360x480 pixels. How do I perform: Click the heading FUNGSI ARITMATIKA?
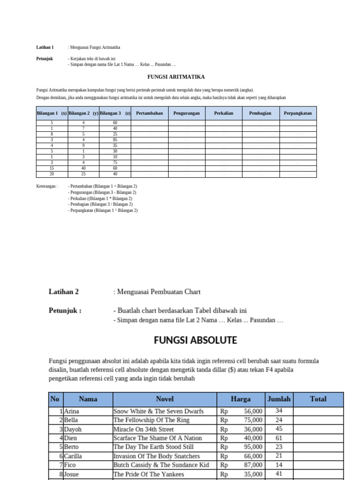coord(176,76)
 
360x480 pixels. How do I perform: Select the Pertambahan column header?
coord(150,113)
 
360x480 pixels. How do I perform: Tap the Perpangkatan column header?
coord(298,113)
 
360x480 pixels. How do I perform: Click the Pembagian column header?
coord(260,113)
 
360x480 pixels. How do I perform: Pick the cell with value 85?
coord(115,139)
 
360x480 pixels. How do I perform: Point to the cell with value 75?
coord(115,163)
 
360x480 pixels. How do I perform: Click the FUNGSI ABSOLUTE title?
coord(195,340)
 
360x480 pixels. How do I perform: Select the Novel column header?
coord(165,399)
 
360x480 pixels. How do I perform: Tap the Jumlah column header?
coord(279,399)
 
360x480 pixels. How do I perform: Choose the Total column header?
coord(318,399)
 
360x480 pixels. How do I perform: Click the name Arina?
coord(72,411)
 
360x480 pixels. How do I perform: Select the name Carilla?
coord(74,456)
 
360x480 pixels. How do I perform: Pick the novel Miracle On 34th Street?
coord(143,429)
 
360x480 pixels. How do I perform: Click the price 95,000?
coord(253,447)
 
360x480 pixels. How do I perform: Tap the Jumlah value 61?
coord(279,438)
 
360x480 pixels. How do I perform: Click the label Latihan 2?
coord(64,292)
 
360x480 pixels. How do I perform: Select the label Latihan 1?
coord(45,47)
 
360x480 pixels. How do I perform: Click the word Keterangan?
coord(47,186)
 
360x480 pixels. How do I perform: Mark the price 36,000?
coord(253,429)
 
